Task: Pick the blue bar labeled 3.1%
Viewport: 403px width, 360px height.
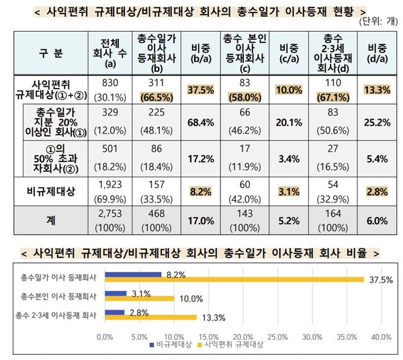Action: (116, 293)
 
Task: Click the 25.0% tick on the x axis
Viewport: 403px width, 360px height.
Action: (277, 335)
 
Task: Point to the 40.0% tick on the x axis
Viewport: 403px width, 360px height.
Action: (381, 335)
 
